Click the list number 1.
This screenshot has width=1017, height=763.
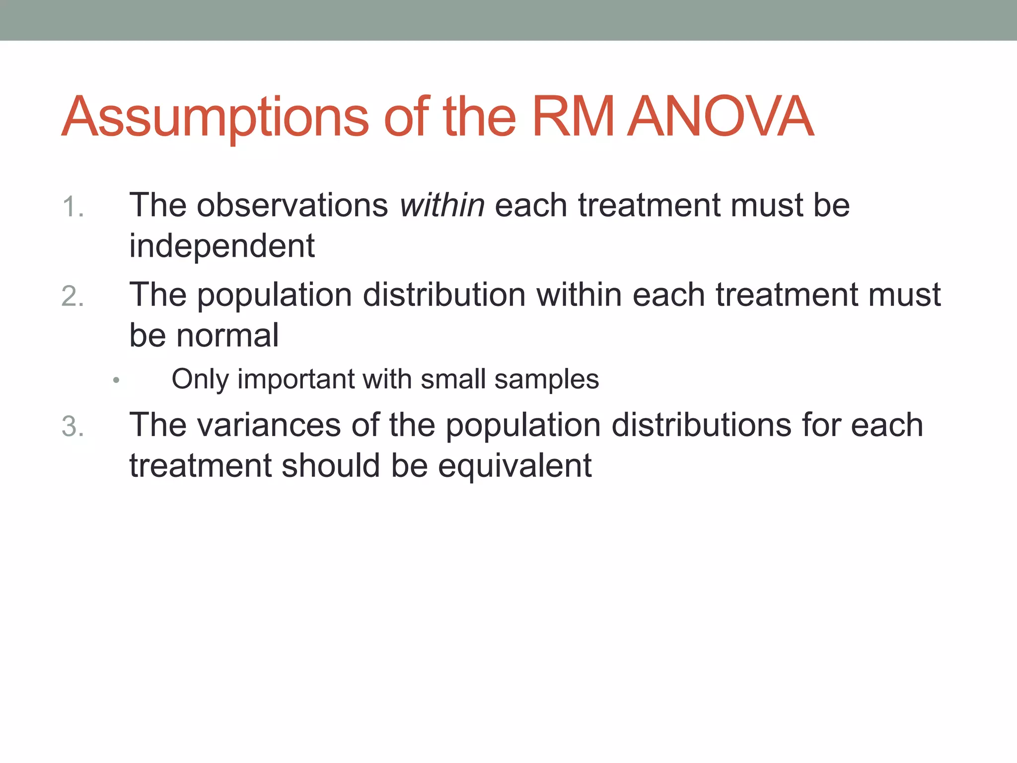(73, 207)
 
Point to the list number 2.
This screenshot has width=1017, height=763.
(73, 297)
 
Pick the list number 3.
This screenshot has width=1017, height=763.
(73, 427)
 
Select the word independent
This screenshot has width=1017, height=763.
(222, 246)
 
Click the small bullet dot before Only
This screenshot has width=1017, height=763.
(116, 381)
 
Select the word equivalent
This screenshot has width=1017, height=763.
(514, 466)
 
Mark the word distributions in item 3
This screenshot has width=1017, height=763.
(701, 425)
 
